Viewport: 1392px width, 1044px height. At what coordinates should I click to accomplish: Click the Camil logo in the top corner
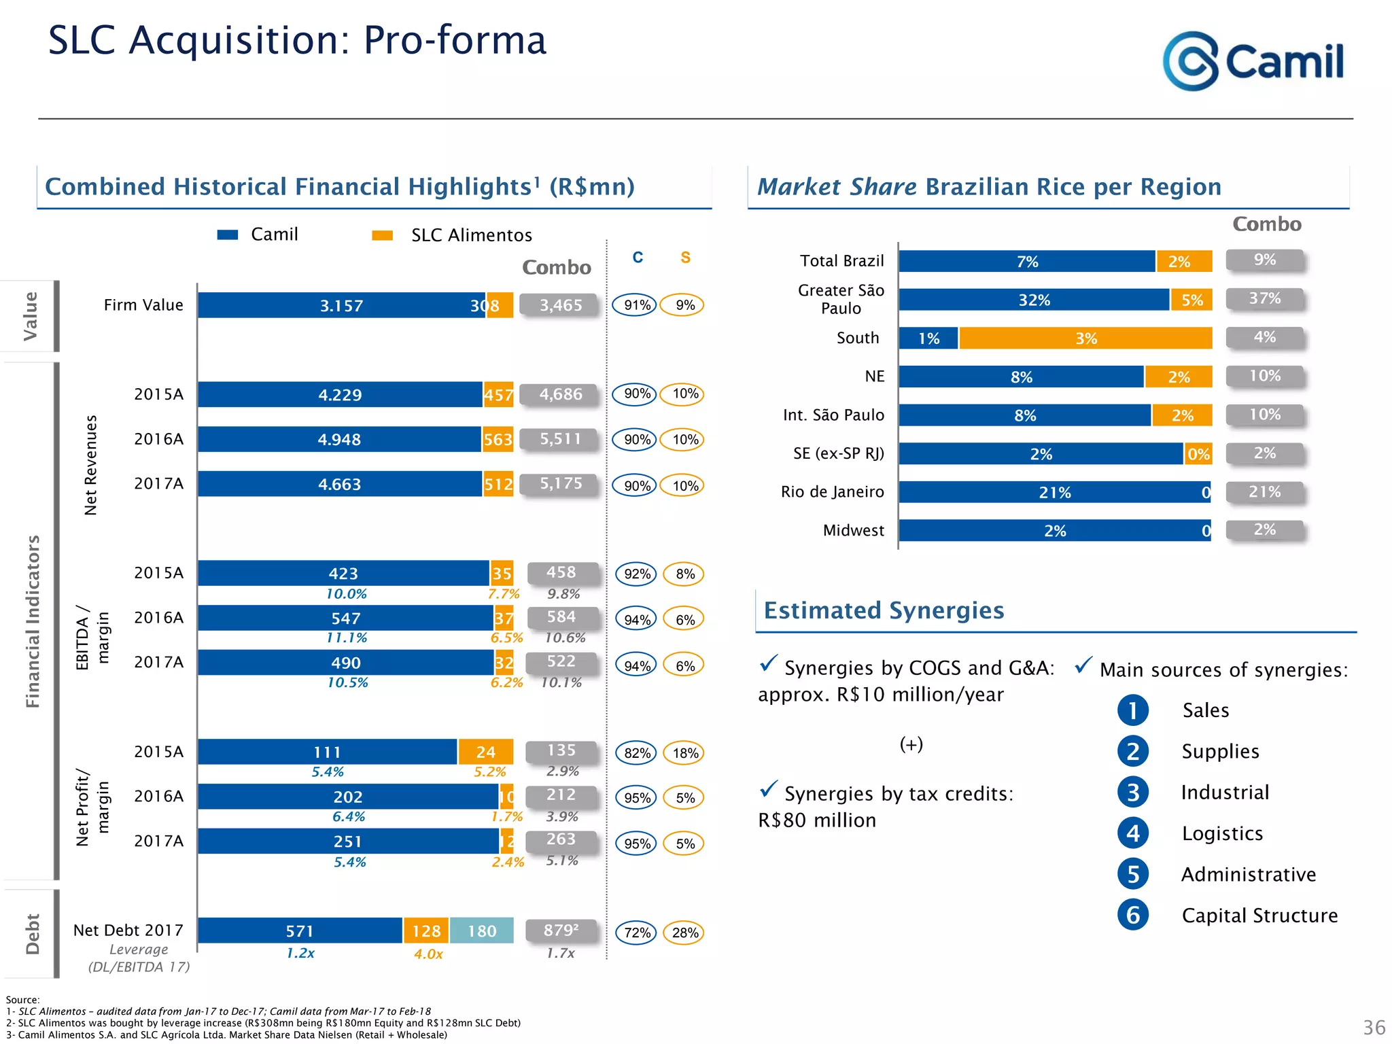click(x=1252, y=61)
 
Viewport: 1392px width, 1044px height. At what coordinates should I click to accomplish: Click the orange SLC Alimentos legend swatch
click(x=382, y=235)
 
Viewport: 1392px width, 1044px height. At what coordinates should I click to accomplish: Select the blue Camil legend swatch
click(x=227, y=234)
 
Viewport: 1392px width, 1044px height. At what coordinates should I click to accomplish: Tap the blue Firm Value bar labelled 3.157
click(x=341, y=305)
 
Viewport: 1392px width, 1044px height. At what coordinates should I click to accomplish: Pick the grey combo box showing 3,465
click(x=560, y=305)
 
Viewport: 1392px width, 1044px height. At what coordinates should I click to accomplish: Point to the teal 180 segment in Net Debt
click(x=481, y=930)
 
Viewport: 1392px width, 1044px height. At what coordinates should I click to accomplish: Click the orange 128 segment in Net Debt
click(x=426, y=930)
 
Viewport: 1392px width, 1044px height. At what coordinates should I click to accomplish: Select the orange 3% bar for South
click(x=1085, y=338)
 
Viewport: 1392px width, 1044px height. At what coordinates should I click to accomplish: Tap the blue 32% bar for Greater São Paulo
click(x=1033, y=300)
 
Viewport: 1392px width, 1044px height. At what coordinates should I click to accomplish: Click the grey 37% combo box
click(x=1264, y=298)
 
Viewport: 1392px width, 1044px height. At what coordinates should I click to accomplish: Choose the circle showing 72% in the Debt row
click(x=637, y=933)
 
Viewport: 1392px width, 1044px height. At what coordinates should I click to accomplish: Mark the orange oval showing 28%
click(x=684, y=933)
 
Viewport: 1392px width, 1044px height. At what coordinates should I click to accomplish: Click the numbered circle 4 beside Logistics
click(x=1132, y=833)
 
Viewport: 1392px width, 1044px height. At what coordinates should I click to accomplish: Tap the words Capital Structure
click(x=1259, y=916)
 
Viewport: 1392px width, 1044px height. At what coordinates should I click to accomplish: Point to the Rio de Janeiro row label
click(x=832, y=491)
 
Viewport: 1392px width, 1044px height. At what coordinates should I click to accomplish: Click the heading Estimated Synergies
click(x=884, y=610)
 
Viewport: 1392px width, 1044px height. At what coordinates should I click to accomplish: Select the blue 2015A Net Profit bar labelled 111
click(x=327, y=752)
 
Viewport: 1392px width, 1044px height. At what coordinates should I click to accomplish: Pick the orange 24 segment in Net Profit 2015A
click(x=485, y=752)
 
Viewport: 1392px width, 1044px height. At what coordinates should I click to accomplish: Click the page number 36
click(x=1374, y=1027)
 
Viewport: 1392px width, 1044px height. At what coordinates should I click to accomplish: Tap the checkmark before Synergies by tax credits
click(x=769, y=789)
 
